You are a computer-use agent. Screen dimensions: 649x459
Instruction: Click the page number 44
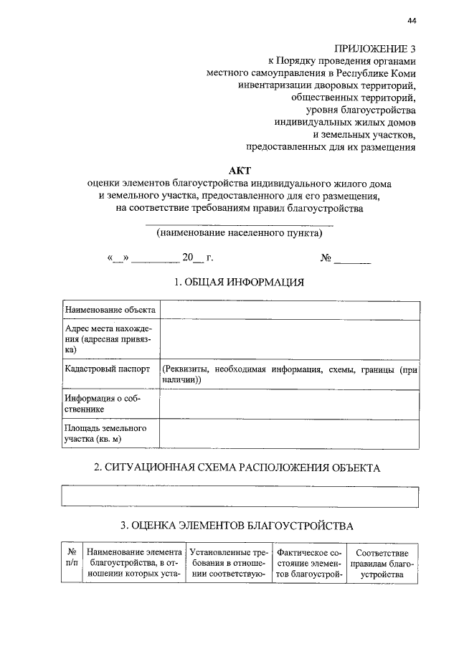(x=411, y=22)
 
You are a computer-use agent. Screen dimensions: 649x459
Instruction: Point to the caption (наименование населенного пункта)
(x=240, y=233)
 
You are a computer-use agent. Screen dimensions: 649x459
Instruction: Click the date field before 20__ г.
(x=153, y=257)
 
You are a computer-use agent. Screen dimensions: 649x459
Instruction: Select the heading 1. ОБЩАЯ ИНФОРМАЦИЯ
(x=240, y=282)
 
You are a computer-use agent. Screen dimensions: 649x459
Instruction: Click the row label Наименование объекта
(x=110, y=310)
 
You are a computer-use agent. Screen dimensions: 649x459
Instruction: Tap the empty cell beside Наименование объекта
(x=289, y=310)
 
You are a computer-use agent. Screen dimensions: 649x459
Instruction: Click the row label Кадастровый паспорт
(x=108, y=369)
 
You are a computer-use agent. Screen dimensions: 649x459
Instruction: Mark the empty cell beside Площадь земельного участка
(x=289, y=434)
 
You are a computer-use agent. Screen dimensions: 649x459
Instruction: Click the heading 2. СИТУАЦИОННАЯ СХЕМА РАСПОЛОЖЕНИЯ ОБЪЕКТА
(x=237, y=468)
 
